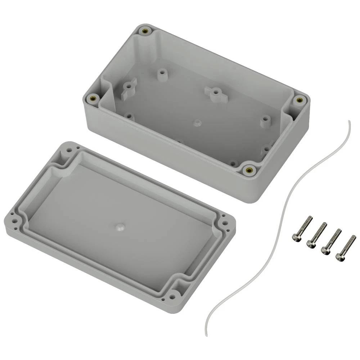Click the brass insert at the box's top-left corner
coord(145,31)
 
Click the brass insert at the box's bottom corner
coord(248,170)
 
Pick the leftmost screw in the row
coord(301,229)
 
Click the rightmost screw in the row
coord(345,248)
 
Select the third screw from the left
coord(330,242)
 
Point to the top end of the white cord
coord(348,122)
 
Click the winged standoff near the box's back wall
coord(215,93)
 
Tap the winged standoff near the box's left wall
coord(129,88)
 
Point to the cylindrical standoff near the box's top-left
coord(162,73)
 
